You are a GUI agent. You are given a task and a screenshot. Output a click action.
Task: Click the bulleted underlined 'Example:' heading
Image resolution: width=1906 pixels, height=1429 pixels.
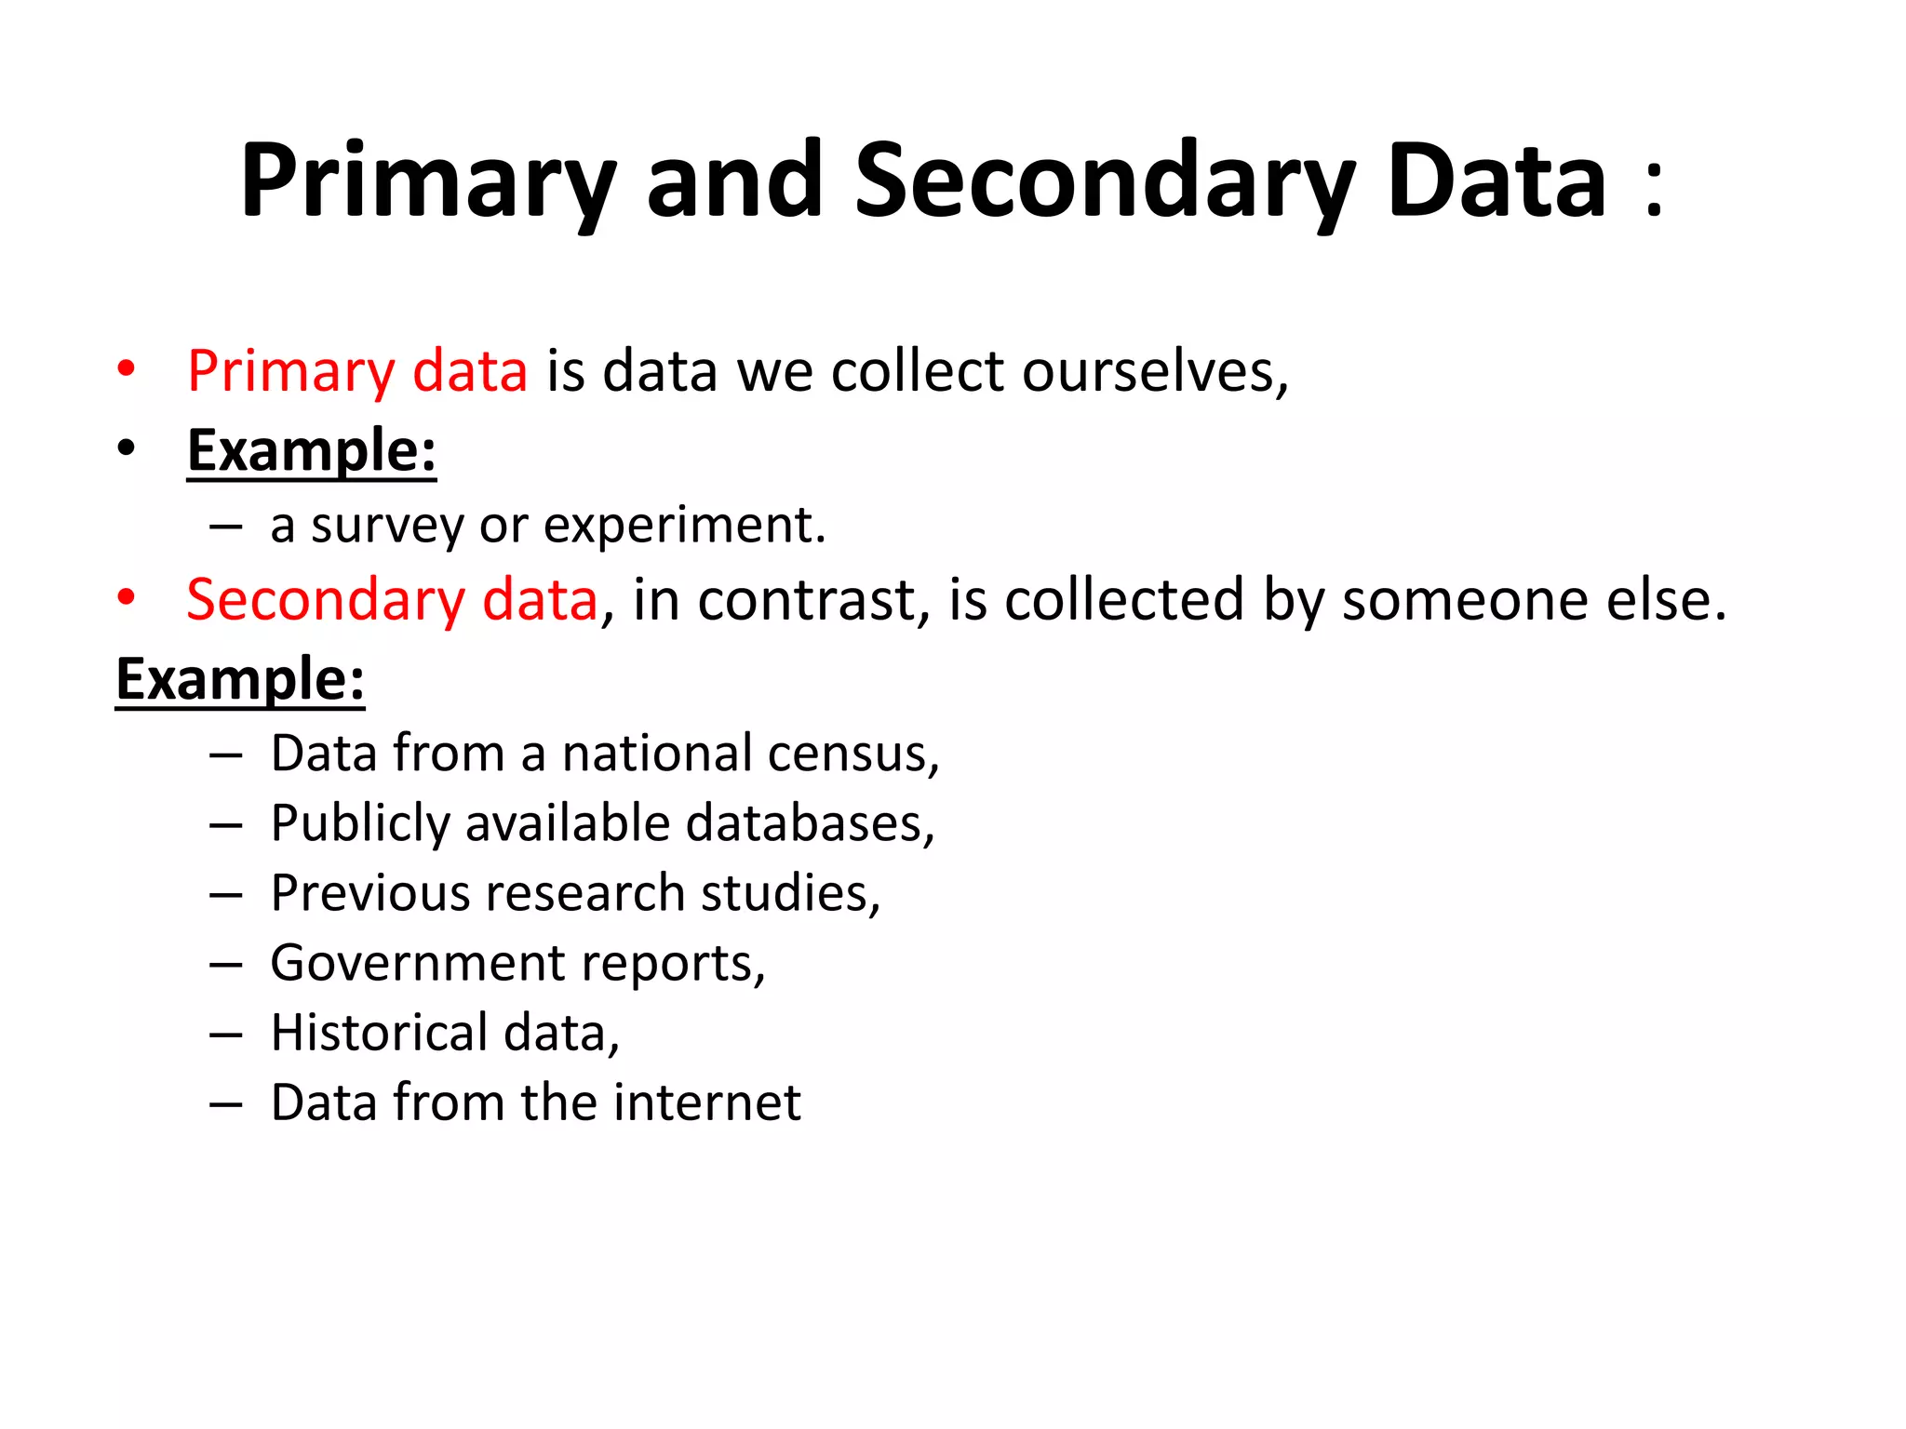pos(311,450)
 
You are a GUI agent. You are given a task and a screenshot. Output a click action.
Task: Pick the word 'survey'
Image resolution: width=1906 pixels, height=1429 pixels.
pos(386,526)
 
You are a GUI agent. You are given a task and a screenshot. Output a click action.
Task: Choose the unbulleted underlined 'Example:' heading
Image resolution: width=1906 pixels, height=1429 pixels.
pos(240,679)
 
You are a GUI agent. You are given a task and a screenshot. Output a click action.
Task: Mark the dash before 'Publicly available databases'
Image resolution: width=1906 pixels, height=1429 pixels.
pos(226,824)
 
